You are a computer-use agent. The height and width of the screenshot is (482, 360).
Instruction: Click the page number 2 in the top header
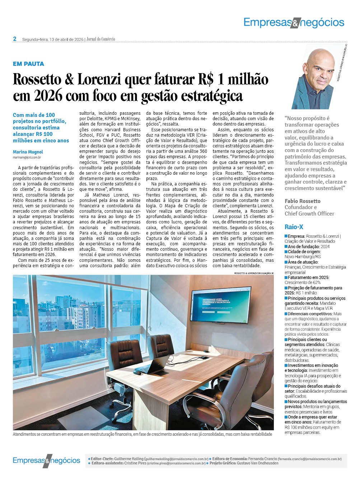pyautogui.click(x=15, y=39)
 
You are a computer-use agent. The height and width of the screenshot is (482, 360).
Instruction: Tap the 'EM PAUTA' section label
pyautogui.click(x=28, y=64)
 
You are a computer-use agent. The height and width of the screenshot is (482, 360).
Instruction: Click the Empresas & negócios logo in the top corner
pyautogui.click(x=294, y=23)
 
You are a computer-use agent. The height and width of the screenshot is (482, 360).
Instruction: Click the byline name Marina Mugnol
pyautogui.click(x=28, y=152)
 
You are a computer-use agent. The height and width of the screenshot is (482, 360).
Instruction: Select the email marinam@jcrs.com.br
pyautogui.click(x=27, y=157)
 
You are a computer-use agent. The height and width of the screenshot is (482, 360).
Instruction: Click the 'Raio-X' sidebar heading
pyautogui.click(x=294, y=227)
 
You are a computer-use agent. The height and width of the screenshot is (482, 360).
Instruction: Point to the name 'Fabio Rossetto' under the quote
pyautogui.click(x=303, y=201)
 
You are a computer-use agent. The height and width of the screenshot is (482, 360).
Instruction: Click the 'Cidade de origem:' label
pyautogui.click(x=305, y=252)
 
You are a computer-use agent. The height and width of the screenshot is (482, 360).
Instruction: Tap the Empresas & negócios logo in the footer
pyautogui.click(x=46, y=460)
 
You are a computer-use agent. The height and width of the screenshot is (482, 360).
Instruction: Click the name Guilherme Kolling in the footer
pyautogui.click(x=128, y=459)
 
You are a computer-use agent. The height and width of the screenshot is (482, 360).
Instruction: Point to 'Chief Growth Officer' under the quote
pyautogui.click(x=309, y=214)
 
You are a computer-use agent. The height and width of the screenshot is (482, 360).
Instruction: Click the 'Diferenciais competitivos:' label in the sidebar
pyautogui.click(x=310, y=314)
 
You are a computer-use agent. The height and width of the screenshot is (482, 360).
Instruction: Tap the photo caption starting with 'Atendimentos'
pyautogui.click(x=142, y=434)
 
